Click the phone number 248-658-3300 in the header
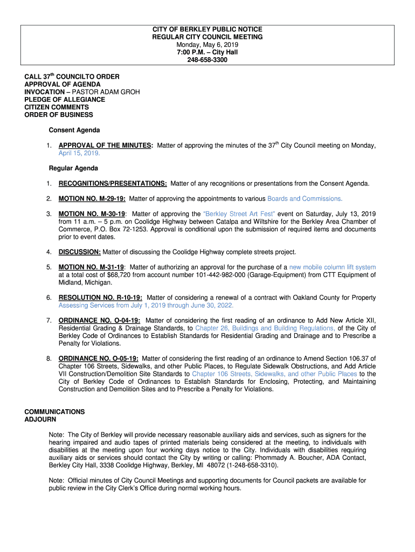coord(207,60)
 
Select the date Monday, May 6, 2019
coord(207,45)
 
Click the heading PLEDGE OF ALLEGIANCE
coord(65,100)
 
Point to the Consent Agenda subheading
coord(74,130)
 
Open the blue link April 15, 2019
coord(79,153)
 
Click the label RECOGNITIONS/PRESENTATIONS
coord(112,184)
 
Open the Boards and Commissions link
coord(305,199)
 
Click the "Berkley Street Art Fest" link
coord(240,214)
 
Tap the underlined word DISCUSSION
coord(80,252)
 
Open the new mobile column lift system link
coord(333,267)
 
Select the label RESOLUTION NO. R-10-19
coord(100,298)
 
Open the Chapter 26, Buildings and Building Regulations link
coord(265,328)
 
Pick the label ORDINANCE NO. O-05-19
coord(98,358)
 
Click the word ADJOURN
coord(40,419)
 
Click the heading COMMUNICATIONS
coord(54,412)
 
